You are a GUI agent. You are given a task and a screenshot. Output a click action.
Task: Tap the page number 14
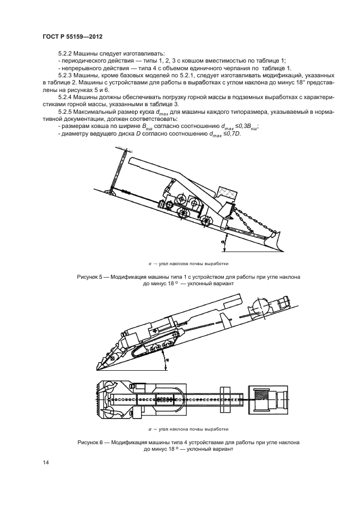46,463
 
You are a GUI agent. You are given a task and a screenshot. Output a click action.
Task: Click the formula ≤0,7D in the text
245,134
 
